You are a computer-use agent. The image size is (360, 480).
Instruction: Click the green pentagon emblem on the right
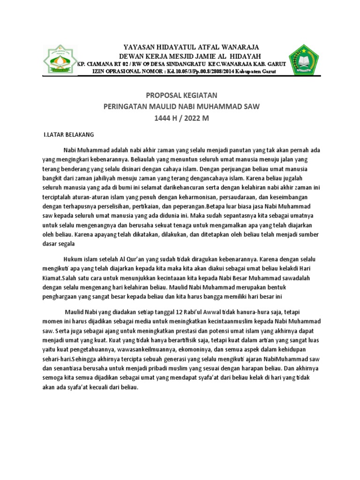tap(304, 60)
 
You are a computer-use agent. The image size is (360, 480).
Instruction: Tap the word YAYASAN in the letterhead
tap(139, 47)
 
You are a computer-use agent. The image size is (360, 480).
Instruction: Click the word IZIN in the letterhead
tap(100, 71)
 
